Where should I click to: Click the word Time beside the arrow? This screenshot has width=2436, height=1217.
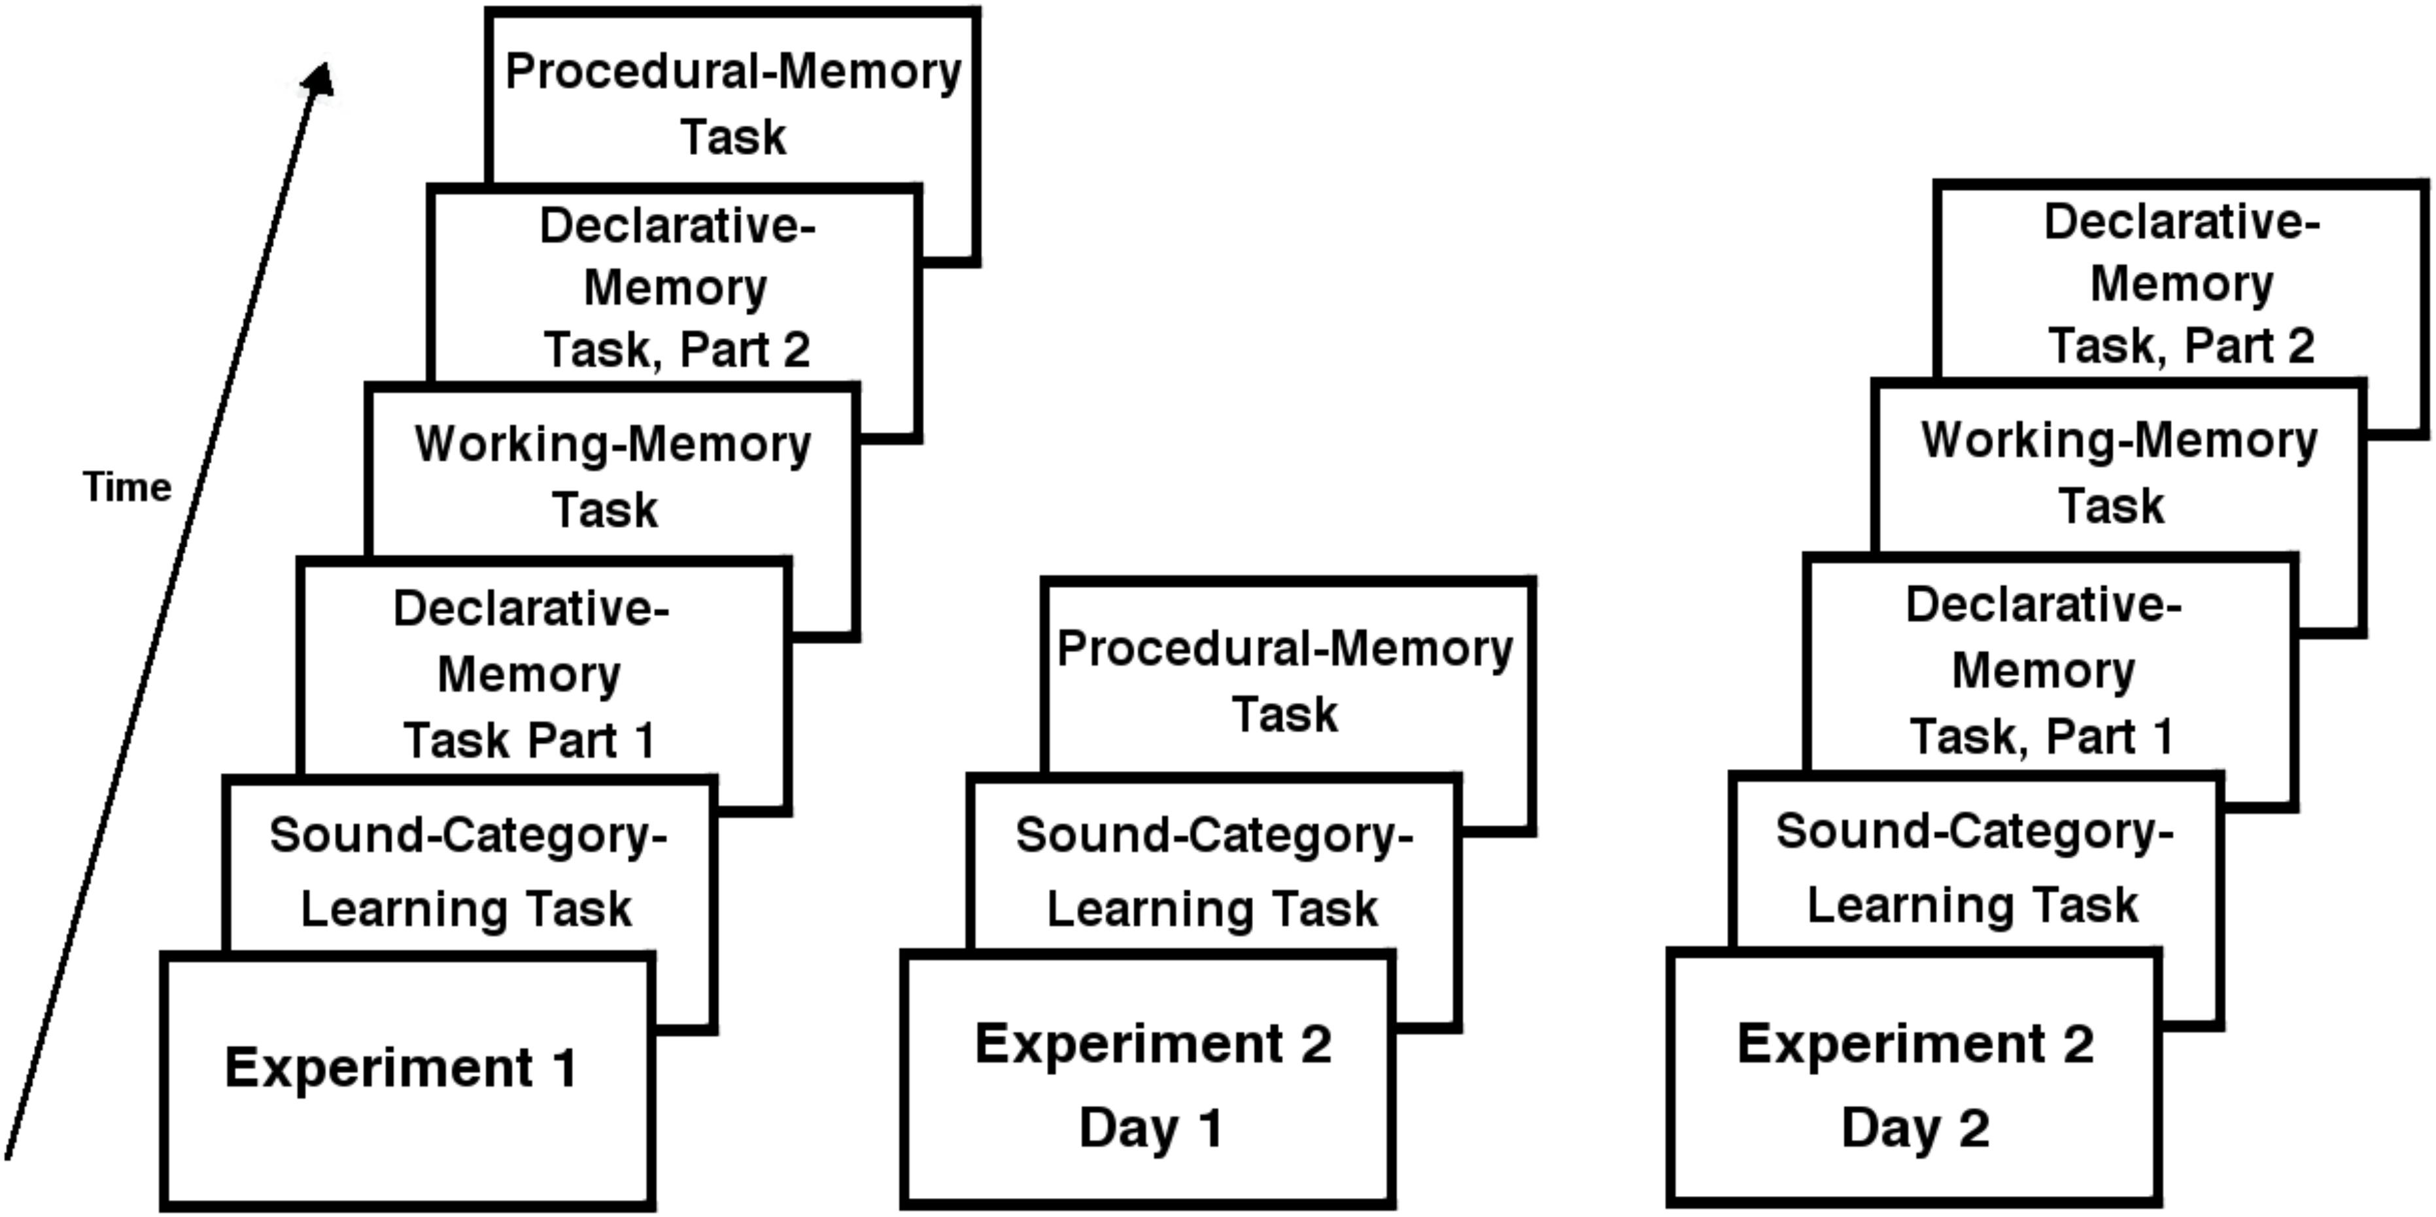[127, 488]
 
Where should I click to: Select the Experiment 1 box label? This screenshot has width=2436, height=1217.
[401, 1069]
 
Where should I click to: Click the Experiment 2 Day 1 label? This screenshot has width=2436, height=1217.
[1153, 1085]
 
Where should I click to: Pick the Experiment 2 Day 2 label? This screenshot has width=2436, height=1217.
[1915, 1085]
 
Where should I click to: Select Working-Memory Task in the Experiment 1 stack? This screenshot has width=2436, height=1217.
[612, 475]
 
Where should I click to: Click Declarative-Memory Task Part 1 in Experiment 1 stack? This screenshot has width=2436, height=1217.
[530, 674]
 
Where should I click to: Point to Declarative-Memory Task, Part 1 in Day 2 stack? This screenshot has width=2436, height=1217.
[2042, 670]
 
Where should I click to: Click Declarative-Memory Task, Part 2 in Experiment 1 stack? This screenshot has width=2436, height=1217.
[676, 288]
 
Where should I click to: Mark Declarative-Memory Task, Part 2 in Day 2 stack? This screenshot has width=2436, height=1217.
[2181, 284]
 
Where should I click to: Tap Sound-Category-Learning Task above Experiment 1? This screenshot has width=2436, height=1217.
[467, 871]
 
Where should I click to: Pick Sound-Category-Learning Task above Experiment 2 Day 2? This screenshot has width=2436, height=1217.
[1974, 867]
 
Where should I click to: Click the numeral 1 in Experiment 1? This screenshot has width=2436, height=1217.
[564, 1069]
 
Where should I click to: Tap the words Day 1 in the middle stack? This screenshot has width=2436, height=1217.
[1152, 1128]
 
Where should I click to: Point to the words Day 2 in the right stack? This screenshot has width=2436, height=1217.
[1915, 1128]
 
